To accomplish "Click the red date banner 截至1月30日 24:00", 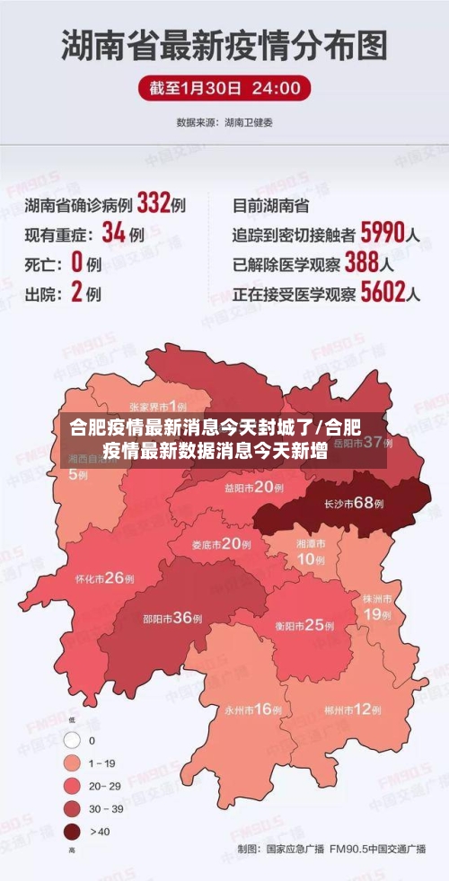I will (224, 88).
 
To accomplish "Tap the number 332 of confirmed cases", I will (154, 204).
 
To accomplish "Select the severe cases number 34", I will (113, 233).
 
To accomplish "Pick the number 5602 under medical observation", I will (382, 293).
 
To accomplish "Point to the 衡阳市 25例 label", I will (301, 625).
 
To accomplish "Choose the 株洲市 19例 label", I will (376, 606).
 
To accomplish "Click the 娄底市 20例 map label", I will (221, 543).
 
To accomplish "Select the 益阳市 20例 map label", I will (254, 487).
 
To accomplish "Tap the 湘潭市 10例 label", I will (311, 552).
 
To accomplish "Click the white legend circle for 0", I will (71, 741).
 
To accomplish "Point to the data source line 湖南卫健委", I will (224, 122).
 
